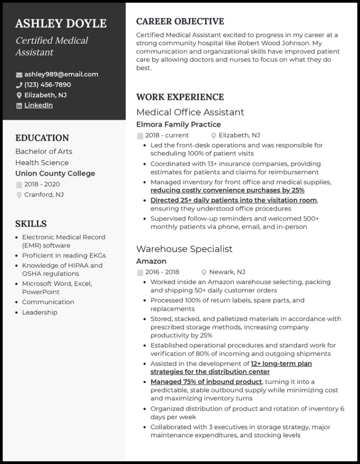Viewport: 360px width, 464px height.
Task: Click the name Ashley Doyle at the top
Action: [61, 24]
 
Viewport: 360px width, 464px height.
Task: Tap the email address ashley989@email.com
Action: [61, 74]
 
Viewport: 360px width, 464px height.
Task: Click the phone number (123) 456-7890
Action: [47, 85]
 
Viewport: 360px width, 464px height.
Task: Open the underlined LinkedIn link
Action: [38, 105]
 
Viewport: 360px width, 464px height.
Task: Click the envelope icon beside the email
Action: [19, 75]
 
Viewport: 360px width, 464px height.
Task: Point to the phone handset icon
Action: [19, 85]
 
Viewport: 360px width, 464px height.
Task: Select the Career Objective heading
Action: [180, 21]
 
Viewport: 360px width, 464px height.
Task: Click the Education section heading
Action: [42, 138]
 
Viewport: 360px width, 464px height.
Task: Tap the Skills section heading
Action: [31, 223]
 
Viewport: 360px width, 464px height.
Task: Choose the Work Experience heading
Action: [180, 97]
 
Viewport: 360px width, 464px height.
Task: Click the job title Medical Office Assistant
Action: [190, 112]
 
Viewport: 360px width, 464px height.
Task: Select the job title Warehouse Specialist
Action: [184, 249]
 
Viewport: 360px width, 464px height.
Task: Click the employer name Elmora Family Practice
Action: [178, 125]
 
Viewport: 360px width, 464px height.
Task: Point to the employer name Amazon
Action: [151, 261]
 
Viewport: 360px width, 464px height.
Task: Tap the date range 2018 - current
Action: [167, 135]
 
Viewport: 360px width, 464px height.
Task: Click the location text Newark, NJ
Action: [227, 272]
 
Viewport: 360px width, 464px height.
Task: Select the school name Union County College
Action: [55, 173]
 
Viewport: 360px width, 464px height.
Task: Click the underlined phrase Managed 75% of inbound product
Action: [206, 382]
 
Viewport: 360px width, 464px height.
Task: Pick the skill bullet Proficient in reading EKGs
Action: [63, 256]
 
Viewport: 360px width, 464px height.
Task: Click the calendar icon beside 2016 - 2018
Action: [140, 273]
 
